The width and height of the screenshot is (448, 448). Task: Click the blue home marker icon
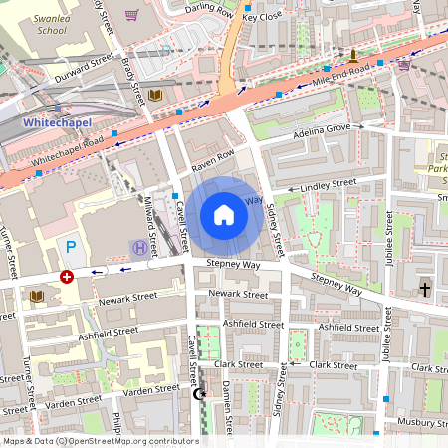pos(223,215)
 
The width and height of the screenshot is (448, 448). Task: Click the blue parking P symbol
pos(70,246)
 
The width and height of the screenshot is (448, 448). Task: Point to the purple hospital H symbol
pos(139,246)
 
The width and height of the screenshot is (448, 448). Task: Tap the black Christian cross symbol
pos(425,289)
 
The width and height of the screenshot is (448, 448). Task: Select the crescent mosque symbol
pos(197,394)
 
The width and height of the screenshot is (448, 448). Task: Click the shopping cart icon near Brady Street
pos(132,15)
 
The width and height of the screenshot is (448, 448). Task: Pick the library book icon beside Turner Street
pos(36,296)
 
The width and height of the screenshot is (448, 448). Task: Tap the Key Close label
pos(264,17)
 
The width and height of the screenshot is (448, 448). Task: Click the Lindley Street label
pos(329,184)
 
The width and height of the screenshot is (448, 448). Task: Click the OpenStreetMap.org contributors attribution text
pos(129,441)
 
